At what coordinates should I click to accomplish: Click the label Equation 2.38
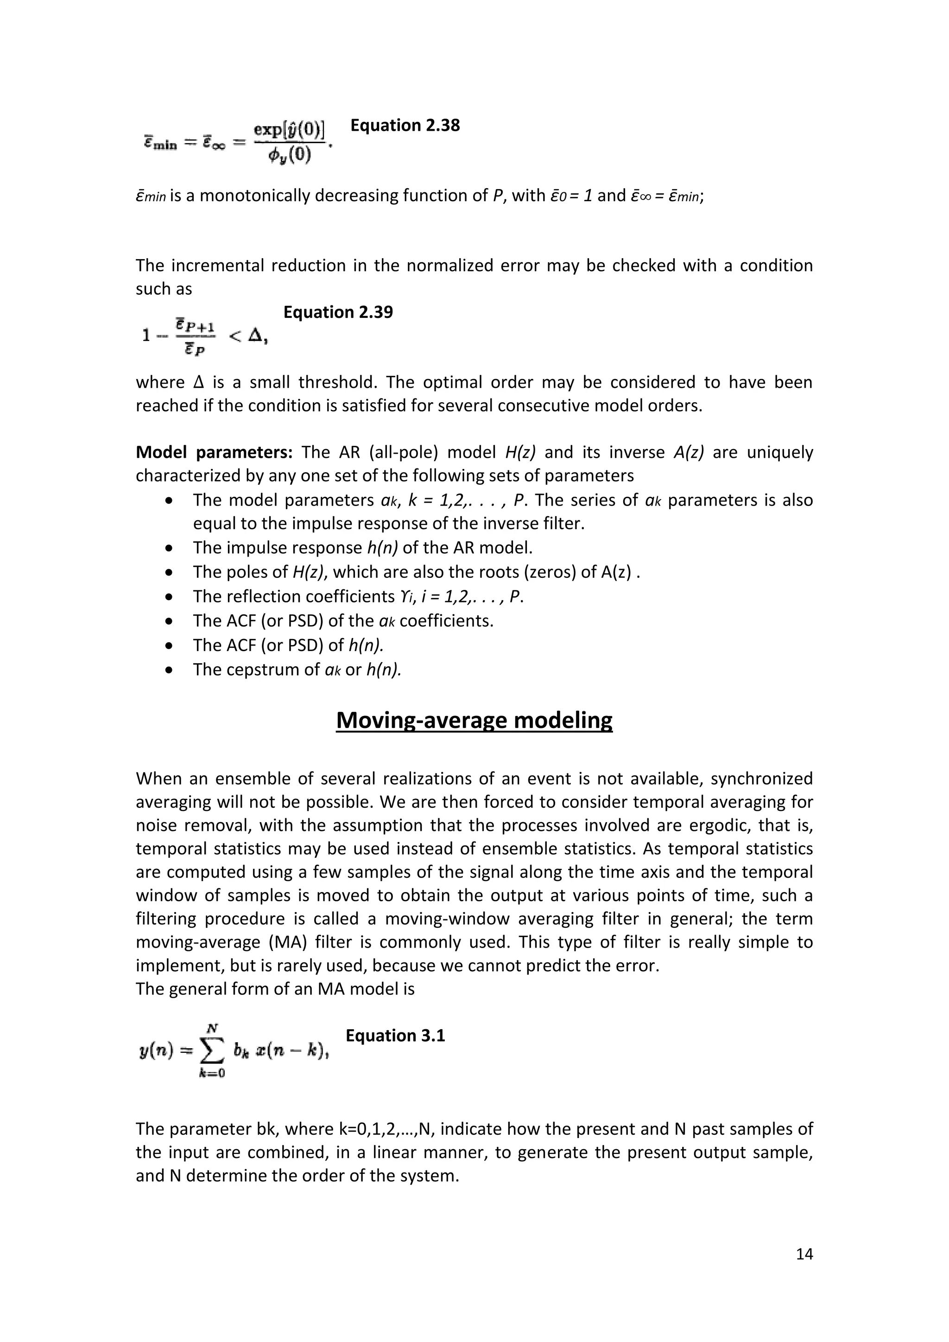pos(405,126)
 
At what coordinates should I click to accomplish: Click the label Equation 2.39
pos(338,313)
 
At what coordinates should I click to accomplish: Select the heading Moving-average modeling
pos(474,720)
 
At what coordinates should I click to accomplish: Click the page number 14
pos(804,1254)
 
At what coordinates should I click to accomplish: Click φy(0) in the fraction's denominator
pos(289,156)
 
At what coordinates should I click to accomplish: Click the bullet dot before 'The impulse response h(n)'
pos(170,549)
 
